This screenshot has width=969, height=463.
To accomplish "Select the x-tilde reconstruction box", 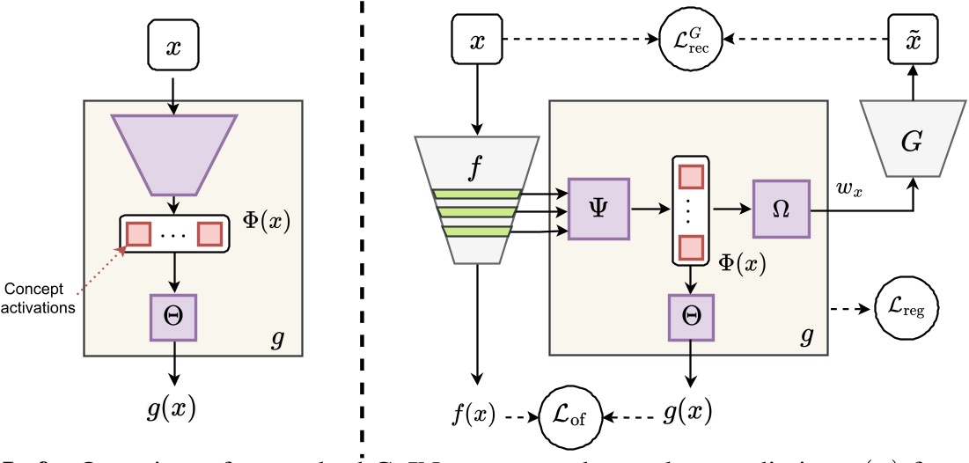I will tap(913, 40).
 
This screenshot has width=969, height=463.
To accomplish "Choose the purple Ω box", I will tap(781, 210).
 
